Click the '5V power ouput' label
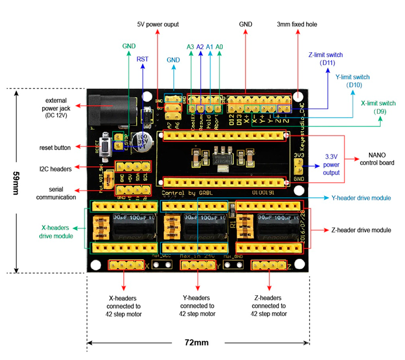pos(158,24)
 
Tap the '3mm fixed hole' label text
pos(297,24)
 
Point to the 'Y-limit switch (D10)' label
pos(353,81)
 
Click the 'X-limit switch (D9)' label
pos(378,107)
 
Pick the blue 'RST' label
pos(142,59)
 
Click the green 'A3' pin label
pos(190,47)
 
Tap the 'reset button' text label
pos(54,147)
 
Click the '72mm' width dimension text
pos(197,342)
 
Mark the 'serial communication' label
pos(56,193)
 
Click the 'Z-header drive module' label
pos(361,230)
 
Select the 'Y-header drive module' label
pos(361,198)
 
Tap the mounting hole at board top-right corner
pos(298,96)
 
